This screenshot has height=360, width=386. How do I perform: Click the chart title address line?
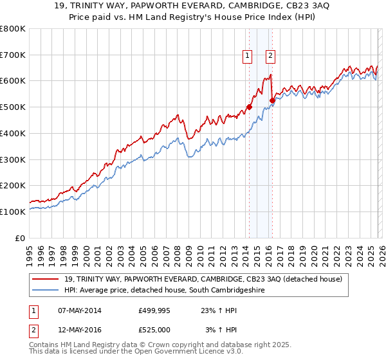coord(193,6)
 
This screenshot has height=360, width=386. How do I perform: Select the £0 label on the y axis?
coord(21,238)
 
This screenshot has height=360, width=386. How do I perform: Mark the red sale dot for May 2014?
coord(249,107)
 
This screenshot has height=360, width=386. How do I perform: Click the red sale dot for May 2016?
coord(272,100)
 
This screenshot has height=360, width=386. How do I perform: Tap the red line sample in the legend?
coord(47,279)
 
